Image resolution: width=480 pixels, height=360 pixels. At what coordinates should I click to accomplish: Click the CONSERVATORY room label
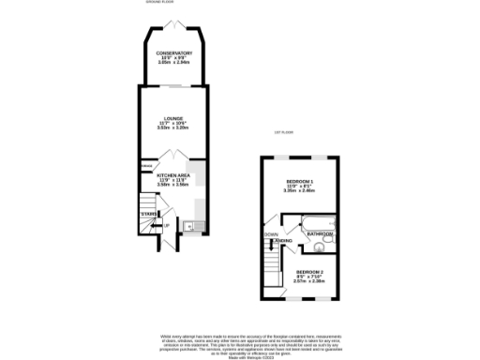(173, 53)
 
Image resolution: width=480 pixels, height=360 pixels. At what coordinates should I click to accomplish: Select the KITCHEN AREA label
(173, 175)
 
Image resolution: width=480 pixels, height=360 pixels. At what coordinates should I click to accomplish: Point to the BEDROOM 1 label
(300, 179)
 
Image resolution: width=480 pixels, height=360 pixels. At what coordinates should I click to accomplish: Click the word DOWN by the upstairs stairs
(271, 234)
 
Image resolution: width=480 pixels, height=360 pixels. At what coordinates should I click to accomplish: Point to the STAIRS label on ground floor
(148, 216)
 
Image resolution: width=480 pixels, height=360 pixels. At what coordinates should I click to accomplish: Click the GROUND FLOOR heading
(160, 4)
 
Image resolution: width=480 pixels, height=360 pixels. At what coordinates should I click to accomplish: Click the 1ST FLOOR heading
(283, 132)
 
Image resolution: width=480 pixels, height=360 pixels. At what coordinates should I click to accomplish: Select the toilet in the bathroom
(319, 247)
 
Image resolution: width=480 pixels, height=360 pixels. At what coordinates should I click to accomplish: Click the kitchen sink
(189, 225)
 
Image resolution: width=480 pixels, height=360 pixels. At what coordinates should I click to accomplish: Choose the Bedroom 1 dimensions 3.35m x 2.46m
(300, 190)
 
